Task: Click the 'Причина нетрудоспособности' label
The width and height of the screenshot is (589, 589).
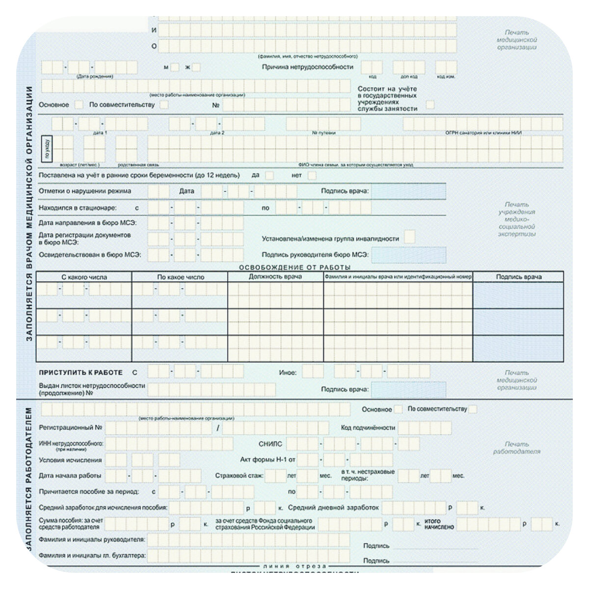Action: coord(307,67)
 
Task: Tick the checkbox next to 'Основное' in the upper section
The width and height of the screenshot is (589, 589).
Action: coord(79,105)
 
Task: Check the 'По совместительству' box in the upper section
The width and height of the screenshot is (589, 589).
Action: coord(164,105)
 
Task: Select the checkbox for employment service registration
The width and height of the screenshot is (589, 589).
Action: coord(430,105)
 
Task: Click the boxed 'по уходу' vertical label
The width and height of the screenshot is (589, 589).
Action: coord(47,148)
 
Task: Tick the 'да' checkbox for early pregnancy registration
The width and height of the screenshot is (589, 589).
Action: coord(269,175)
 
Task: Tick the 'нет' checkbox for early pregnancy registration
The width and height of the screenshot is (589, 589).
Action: coord(312,175)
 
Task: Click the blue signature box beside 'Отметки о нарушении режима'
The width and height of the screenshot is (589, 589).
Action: coord(408,191)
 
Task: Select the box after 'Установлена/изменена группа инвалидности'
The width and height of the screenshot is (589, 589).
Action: coord(409,238)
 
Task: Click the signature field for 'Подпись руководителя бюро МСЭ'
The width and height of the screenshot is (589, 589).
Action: coord(408,255)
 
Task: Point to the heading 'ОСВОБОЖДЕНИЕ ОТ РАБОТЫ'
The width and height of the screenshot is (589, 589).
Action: coord(294,268)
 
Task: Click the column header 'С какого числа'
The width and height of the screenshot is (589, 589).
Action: coord(84,277)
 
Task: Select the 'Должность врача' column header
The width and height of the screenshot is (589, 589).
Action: coord(275,277)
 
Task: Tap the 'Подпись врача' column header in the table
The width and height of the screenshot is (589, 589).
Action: coord(518,277)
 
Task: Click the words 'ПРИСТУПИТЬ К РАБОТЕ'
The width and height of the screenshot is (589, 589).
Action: coord(81,373)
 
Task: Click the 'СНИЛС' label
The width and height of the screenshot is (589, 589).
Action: coord(270,444)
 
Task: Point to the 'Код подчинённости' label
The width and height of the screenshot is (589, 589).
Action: coord(368,428)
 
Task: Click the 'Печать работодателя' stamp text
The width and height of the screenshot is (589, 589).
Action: coord(517,448)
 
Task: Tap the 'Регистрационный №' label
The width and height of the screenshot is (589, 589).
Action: coord(71,428)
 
